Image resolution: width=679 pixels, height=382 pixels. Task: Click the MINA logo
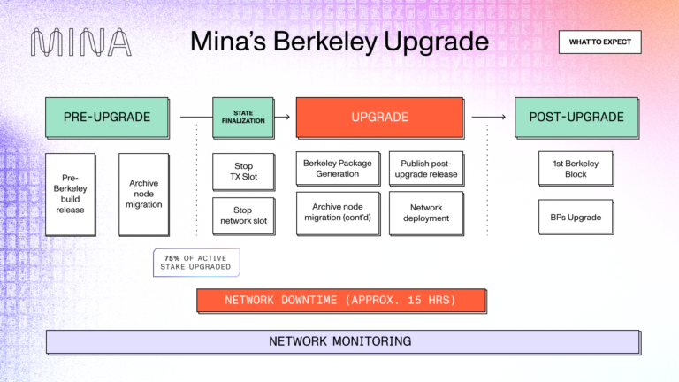[x=81, y=42]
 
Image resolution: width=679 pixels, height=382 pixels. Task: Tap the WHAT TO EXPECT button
[x=599, y=42]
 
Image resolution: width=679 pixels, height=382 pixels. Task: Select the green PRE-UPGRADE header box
[x=107, y=117]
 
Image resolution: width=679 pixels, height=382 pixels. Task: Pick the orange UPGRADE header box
[x=379, y=117]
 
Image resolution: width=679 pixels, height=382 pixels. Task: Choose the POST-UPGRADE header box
[x=576, y=117]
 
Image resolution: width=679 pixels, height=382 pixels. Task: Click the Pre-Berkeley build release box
[x=70, y=194]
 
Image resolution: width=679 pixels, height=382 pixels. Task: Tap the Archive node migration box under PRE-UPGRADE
[x=143, y=194]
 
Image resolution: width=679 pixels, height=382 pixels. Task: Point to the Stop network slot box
[x=243, y=216]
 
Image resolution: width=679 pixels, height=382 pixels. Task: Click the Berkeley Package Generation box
[x=337, y=169]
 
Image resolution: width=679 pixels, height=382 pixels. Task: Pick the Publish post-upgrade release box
[x=426, y=169]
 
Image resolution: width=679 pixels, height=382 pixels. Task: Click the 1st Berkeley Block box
[x=576, y=168]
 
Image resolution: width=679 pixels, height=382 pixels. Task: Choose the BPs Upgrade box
[x=576, y=216]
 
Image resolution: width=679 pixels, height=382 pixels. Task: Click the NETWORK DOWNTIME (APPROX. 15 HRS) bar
[x=340, y=300]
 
